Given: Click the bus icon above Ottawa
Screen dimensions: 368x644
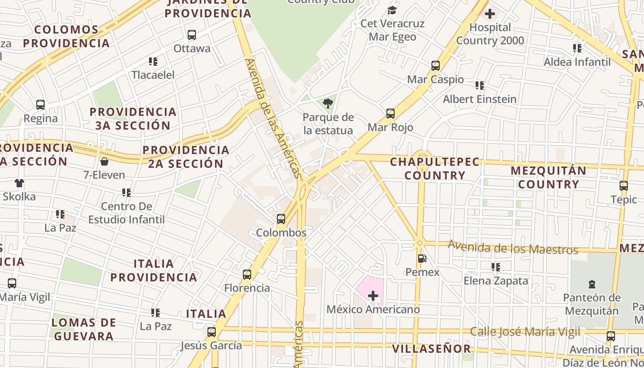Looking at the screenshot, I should pyautogui.click(x=192, y=34).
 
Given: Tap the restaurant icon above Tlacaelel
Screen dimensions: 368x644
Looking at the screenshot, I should pyautogui.click(x=153, y=61).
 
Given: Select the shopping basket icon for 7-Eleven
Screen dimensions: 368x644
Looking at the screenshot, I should pyautogui.click(x=104, y=161).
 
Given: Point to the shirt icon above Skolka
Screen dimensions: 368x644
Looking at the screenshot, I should pyautogui.click(x=19, y=183).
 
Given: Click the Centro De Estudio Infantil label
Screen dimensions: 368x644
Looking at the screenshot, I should pyautogui.click(x=126, y=213).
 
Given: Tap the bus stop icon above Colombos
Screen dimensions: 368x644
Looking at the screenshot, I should pyautogui.click(x=281, y=219).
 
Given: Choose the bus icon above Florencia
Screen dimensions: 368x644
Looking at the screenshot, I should pyautogui.click(x=247, y=275).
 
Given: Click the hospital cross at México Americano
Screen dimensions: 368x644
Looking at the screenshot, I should pyautogui.click(x=373, y=295).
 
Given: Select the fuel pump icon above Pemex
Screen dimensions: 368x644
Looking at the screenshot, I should pyautogui.click(x=422, y=259).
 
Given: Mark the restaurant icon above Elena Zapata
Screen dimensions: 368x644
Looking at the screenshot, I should pyautogui.click(x=495, y=267).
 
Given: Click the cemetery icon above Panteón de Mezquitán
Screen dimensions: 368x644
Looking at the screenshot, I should pyautogui.click(x=592, y=285).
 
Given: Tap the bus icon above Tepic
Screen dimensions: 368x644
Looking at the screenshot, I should pyautogui.click(x=624, y=186).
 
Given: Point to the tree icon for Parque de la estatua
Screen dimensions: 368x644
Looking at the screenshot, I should pyautogui.click(x=328, y=103).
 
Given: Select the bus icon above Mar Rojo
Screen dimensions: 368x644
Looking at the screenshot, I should pyautogui.click(x=391, y=114).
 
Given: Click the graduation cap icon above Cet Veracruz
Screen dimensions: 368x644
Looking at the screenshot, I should pyautogui.click(x=392, y=10).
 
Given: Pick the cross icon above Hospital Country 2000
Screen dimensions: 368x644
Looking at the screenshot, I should pyautogui.click(x=490, y=14).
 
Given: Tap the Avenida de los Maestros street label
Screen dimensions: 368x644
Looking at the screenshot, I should pyautogui.click(x=513, y=248).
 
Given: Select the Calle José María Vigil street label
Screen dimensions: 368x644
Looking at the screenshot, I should pyautogui.click(x=525, y=332).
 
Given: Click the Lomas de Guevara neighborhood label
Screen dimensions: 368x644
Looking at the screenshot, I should pyautogui.click(x=83, y=329).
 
